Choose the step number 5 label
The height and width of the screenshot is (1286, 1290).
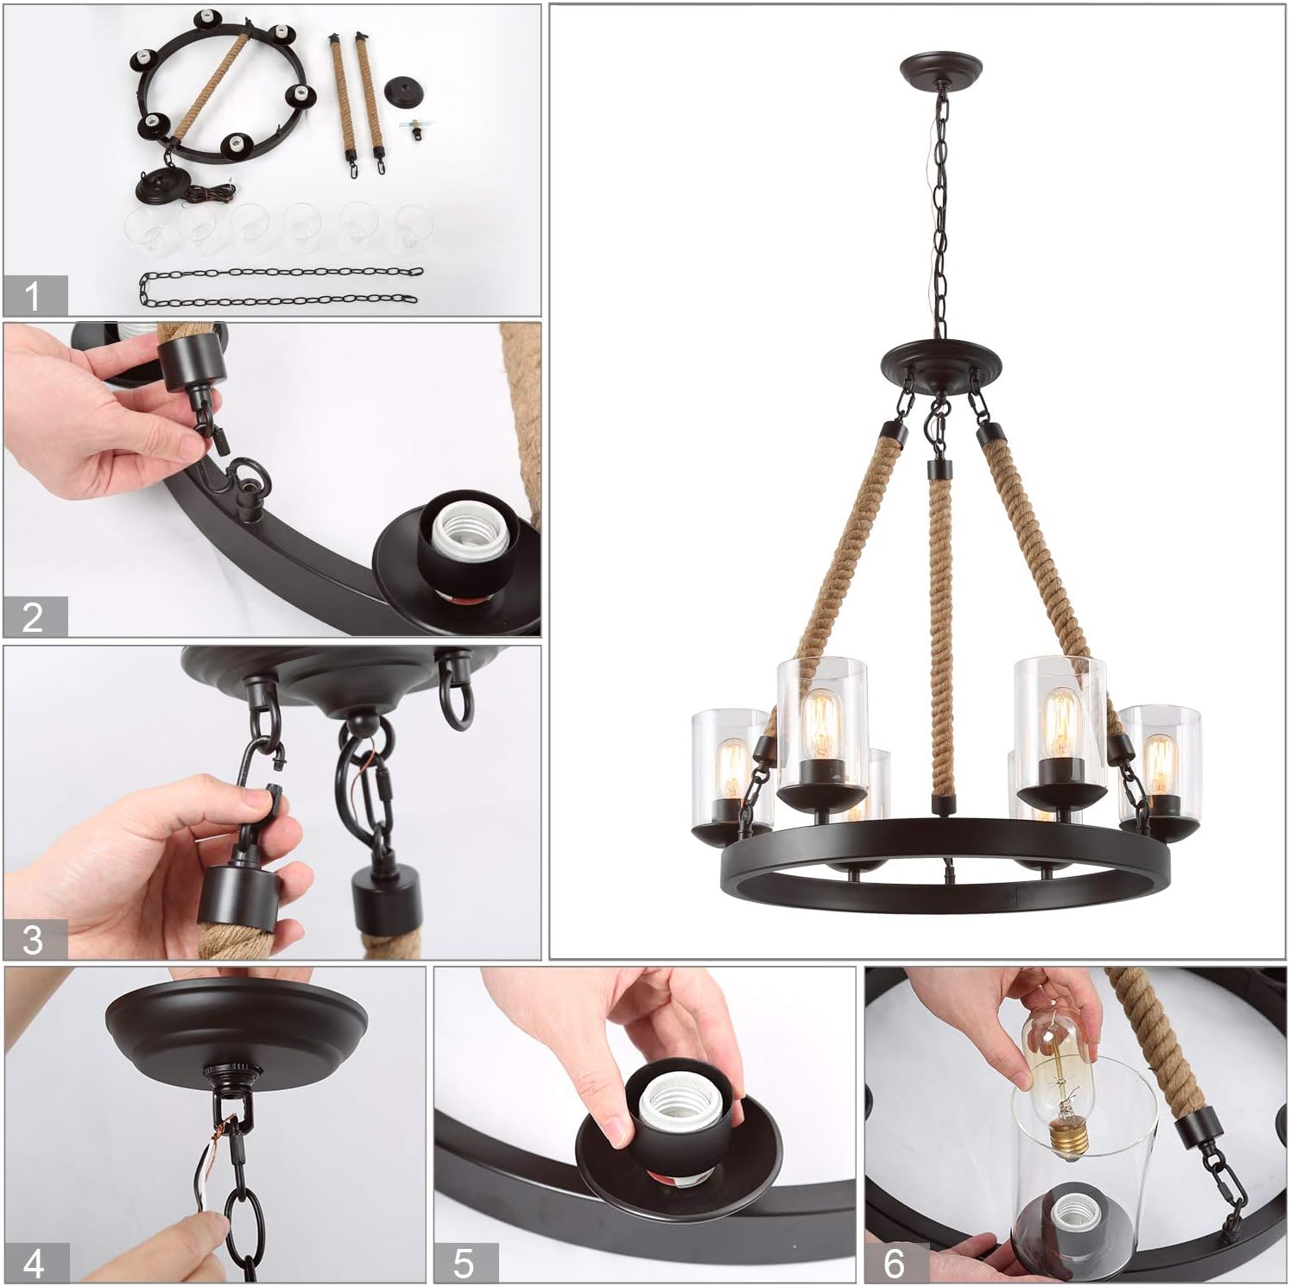tap(465, 1264)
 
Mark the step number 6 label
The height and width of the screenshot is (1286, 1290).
tap(895, 1264)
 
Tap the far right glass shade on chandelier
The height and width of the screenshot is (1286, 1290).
tap(1161, 760)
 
